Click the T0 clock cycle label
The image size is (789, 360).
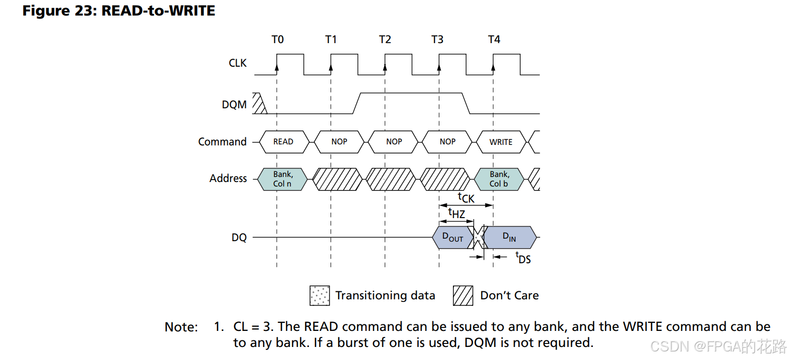click(x=277, y=40)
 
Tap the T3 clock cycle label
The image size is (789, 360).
click(x=437, y=40)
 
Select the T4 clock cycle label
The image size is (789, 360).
click(x=494, y=40)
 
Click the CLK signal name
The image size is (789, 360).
click(x=238, y=63)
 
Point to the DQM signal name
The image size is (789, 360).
click(x=234, y=105)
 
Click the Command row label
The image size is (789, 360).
click(x=222, y=141)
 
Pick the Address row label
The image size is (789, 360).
click(x=228, y=178)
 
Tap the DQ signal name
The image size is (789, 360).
click(x=239, y=238)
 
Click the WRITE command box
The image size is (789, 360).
click(x=501, y=142)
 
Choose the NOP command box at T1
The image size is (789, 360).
click(x=339, y=142)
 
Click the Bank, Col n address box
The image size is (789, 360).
click(x=282, y=179)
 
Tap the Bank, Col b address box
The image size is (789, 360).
click(x=499, y=179)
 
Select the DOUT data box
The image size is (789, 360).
click(x=453, y=238)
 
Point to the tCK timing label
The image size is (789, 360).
click(x=466, y=198)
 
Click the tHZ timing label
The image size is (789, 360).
click(x=456, y=213)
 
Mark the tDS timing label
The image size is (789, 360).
click(x=523, y=258)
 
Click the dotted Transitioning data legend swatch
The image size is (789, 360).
click(x=320, y=295)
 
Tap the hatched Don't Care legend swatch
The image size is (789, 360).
click(x=463, y=295)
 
